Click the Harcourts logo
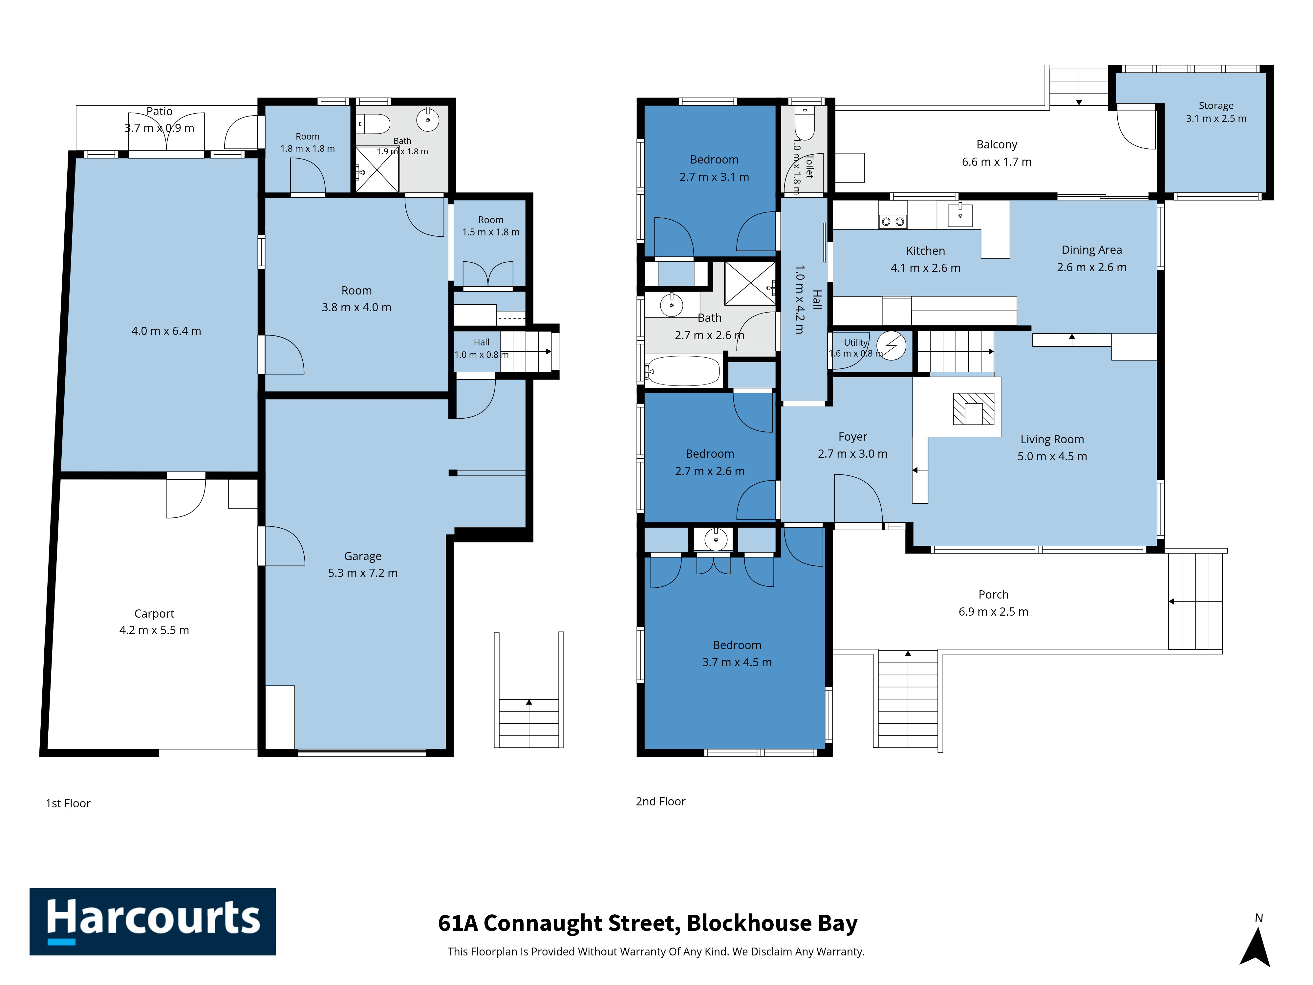click(153, 922)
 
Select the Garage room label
click(363, 556)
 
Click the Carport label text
click(154, 613)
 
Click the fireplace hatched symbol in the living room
click(974, 409)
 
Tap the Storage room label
click(1216, 106)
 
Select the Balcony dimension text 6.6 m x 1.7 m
click(997, 162)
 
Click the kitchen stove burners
click(893, 222)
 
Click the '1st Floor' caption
click(68, 803)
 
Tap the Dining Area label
click(1091, 250)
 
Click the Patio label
click(160, 111)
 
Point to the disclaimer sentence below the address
click(656, 952)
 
